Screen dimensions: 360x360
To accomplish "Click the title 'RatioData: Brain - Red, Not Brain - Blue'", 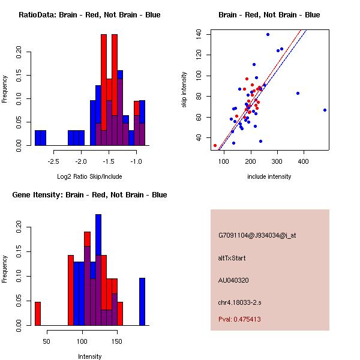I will coord(89,15).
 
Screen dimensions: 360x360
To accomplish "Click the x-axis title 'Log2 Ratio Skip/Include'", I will coord(89,176).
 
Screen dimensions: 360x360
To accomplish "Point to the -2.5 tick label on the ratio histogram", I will coord(53,161).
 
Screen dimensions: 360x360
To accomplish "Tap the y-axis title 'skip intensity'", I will coord(185,90).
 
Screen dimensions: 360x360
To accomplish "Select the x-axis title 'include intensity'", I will coord(269,176).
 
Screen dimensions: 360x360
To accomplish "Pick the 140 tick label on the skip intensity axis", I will coord(200,34).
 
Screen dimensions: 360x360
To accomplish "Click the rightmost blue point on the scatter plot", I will coord(325,110).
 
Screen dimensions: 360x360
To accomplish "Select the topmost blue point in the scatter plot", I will coord(268,34).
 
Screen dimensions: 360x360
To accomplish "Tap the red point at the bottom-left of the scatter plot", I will coord(215,145).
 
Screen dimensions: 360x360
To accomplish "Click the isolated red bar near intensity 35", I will coord(38,313).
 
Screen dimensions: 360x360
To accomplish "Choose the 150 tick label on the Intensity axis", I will coord(117,341).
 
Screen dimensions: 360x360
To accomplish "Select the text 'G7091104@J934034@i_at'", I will coord(257,235).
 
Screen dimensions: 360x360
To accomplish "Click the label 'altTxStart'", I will coord(232,258).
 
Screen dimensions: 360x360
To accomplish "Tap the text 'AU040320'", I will coord(234,280).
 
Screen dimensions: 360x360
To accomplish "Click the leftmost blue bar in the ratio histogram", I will coord(40,137).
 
